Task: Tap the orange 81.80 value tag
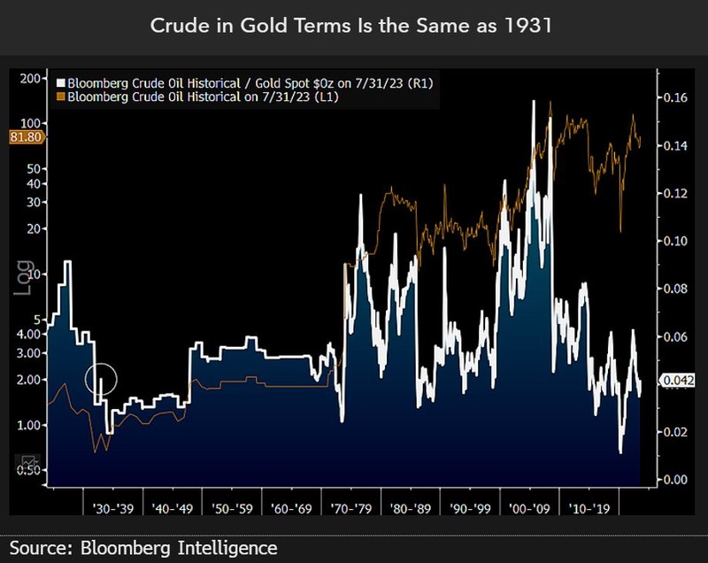click(x=21, y=136)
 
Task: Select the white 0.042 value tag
click(x=677, y=381)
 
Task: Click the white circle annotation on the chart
click(x=101, y=379)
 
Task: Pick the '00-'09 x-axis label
click(x=531, y=509)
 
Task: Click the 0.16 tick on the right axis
click(x=676, y=97)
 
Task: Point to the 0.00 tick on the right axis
click(x=676, y=480)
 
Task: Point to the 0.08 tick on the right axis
click(x=676, y=289)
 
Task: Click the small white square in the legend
click(x=60, y=82)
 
